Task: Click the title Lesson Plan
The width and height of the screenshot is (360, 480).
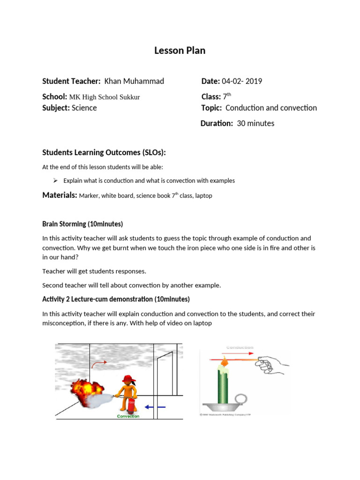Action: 180,51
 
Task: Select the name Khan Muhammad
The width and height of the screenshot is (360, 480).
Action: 134,81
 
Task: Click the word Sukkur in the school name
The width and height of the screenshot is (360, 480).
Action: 130,97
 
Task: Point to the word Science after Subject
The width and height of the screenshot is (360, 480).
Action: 84,108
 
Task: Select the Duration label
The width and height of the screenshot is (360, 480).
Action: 217,123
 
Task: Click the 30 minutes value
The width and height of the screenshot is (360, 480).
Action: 255,123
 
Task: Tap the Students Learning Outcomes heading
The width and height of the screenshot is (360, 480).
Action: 104,153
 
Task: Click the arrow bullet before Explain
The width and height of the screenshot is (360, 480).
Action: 55,180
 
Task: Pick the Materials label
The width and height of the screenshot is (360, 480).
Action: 60,195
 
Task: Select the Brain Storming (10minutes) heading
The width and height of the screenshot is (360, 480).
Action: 82,224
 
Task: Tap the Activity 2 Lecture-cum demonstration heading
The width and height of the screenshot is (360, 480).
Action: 116,299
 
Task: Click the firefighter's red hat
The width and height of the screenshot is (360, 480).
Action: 127,378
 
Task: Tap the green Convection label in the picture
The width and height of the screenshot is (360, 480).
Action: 128,416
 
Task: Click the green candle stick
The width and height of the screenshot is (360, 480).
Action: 225,384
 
